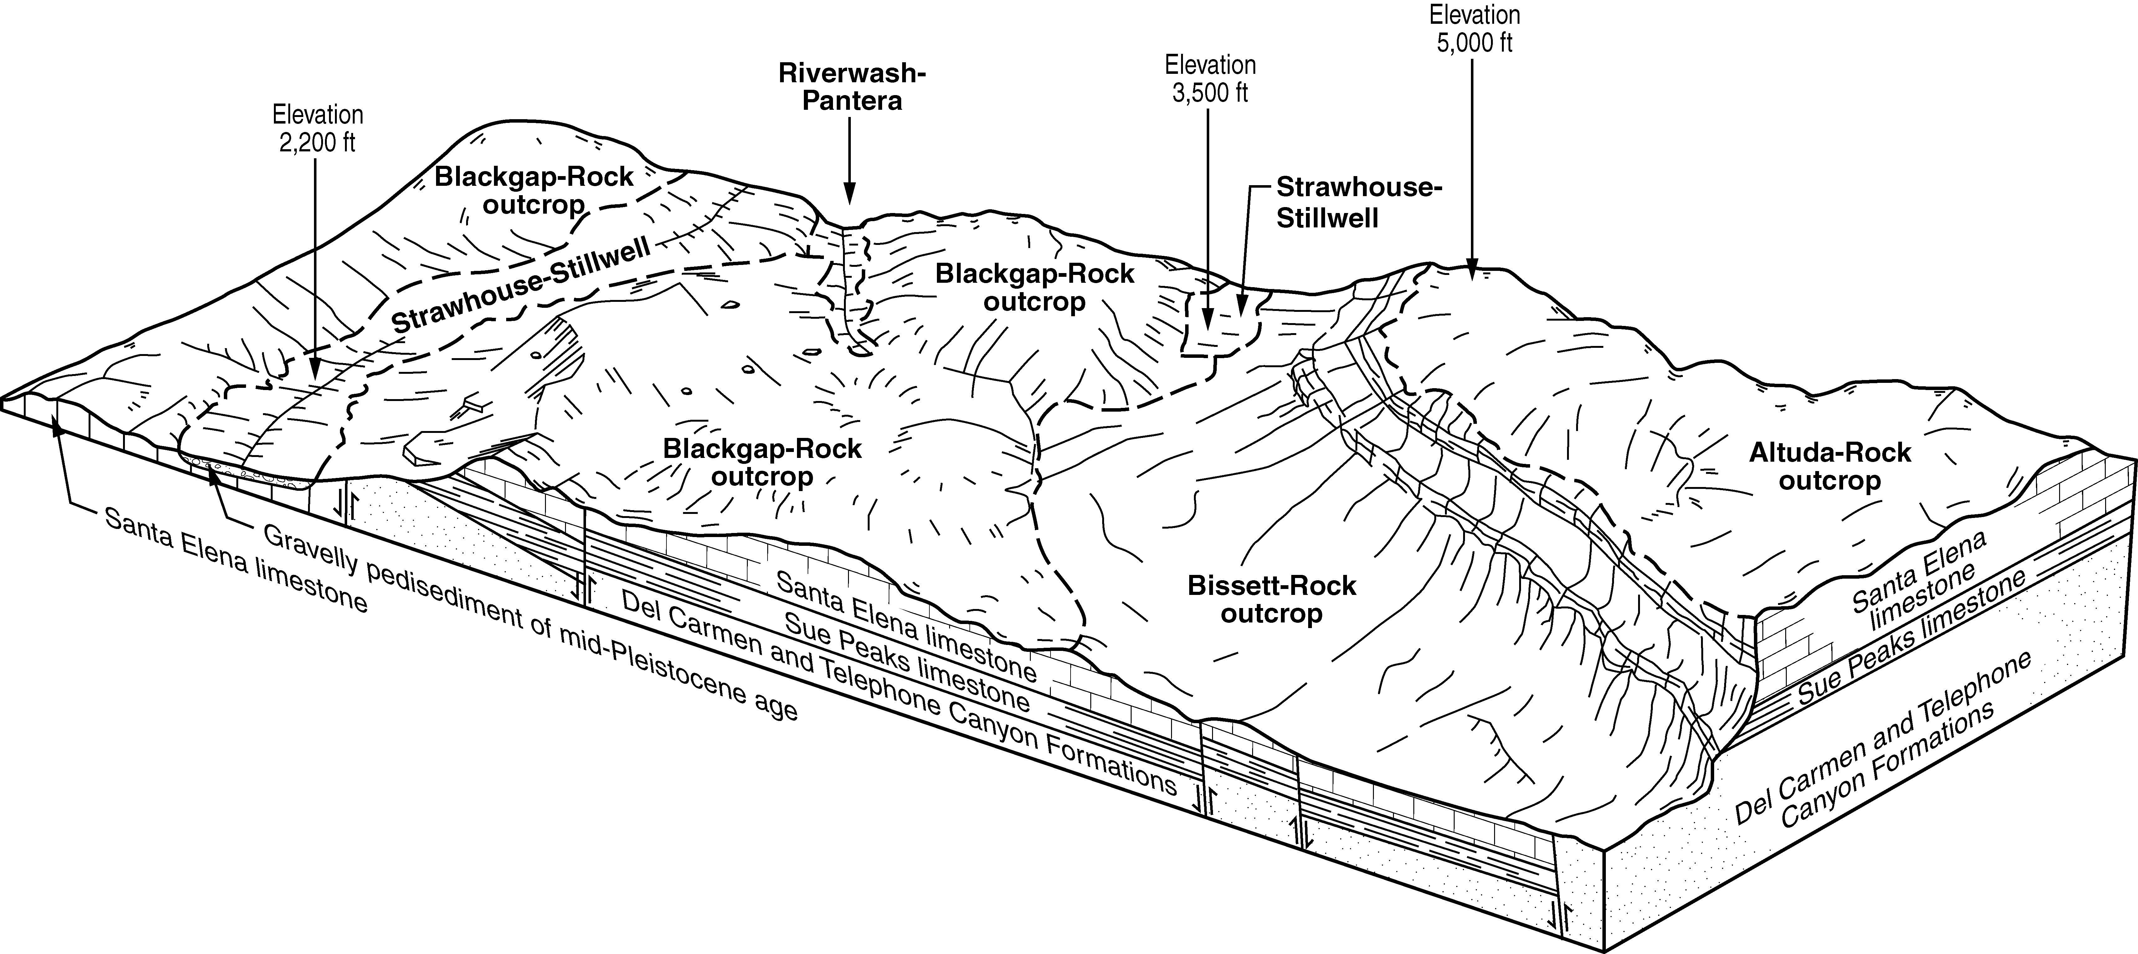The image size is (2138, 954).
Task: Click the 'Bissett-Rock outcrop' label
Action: (1272, 599)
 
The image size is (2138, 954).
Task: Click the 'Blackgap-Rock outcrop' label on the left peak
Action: (534, 190)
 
